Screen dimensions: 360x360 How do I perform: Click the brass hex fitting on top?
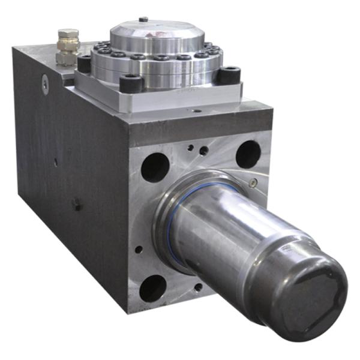pos(67,46)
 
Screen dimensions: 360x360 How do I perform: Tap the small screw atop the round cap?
pos(143,19)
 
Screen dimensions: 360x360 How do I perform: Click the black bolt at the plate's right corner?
pos(229,74)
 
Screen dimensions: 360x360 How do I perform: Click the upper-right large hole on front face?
pos(248,154)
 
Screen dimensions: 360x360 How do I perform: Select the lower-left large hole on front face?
pos(152,287)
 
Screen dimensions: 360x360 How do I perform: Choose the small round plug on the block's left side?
pos(45,84)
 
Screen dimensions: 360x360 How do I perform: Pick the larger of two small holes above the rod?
pos(204,151)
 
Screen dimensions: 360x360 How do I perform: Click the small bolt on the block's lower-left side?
pos(77,204)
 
